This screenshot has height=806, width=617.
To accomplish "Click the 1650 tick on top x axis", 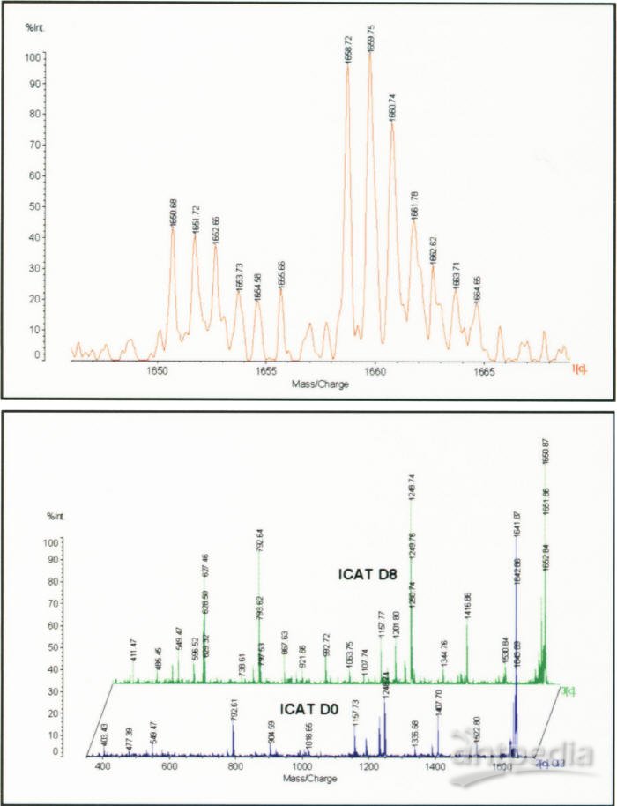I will point(158,372).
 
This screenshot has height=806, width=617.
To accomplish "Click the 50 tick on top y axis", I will point(37,206).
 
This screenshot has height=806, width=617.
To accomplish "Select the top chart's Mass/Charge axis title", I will point(319,384).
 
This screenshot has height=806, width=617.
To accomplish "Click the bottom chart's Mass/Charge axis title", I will point(304,780).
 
